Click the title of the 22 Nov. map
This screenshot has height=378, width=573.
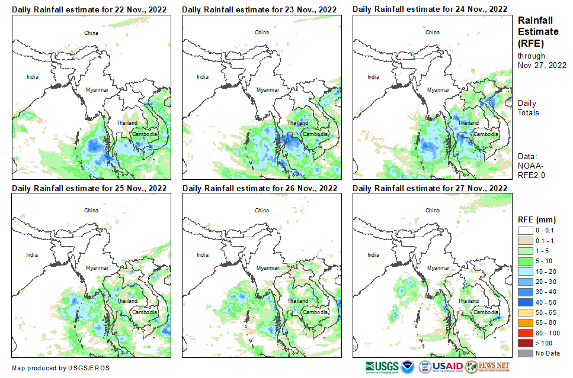click(89, 9)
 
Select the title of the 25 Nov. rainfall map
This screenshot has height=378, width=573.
click(89, 188)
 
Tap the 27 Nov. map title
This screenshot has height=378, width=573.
click(430, 188)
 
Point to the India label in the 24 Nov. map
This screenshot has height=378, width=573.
click(373, 76)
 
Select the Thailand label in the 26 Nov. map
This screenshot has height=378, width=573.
click(297, 301)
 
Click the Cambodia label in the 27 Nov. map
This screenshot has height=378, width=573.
click(485, 312)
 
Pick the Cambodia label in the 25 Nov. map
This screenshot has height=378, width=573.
click(144, 312)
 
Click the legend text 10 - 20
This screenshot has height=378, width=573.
click(545, 271)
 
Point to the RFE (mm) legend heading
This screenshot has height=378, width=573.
click(537, 219)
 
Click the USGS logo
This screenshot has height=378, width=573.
click(382, 366)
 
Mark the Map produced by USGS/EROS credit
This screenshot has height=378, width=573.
click(60, 368)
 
